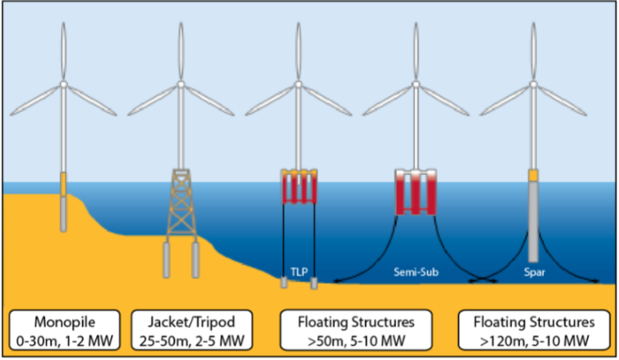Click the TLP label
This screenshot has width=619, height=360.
pyautogui.click(x=298, y=273)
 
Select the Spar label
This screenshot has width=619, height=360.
pyautogui.click(x=532, y=273)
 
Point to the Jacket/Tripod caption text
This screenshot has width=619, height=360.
pyautogui.click(x=180, y=321)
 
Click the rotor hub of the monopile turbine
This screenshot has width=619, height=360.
pyautogui.click(x=64, y=84)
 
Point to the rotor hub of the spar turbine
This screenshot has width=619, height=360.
pyautogui.click(x=533, y=84)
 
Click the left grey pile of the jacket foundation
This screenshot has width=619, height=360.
pyautogui.click(x=166, y=260)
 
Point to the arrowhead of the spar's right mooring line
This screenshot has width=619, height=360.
pyautogui.click(x=600, y=283)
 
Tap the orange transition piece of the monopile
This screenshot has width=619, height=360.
pyautogui.click(x=64, y=183)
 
